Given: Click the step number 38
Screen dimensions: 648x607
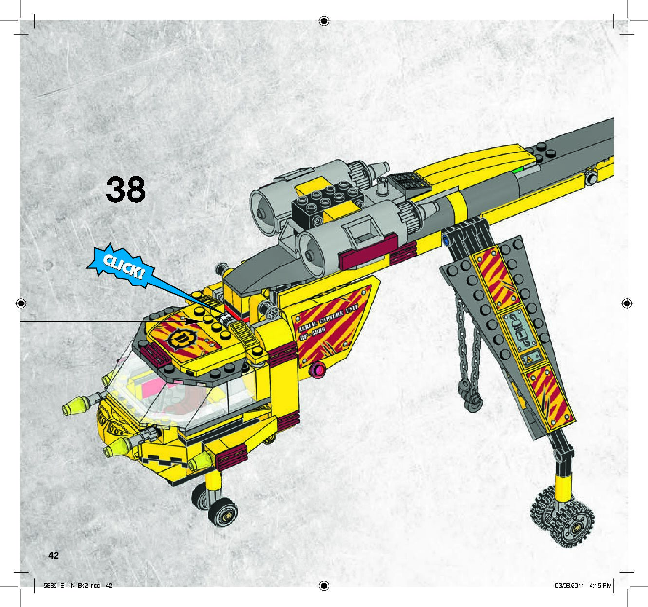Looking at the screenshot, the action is click(126, 190).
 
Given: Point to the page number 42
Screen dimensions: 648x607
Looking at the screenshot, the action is click(53, 555).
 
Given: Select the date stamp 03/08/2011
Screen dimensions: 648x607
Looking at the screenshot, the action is click(569, 586).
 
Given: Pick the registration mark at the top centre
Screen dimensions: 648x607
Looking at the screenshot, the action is click(324, 20).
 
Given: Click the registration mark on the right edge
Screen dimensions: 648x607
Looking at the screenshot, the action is click(627, 303).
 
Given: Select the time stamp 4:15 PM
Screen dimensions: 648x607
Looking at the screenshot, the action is click(600, 586).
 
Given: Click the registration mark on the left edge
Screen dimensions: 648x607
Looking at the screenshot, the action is click(20, 303).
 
